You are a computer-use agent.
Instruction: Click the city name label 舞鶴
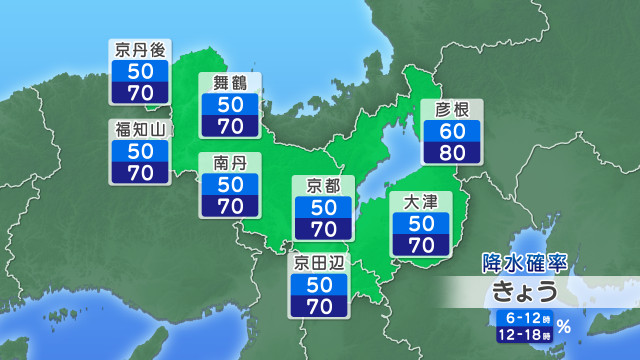pos(230,83)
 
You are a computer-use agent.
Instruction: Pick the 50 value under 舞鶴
pos(230,104)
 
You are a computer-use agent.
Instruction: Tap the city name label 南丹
pos(230,162)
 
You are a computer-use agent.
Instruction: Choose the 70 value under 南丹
pos(230,206)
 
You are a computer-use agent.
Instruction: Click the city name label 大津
pos(421,202)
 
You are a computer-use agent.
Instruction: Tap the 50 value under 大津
pos(421,223)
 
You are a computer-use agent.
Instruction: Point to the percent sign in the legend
pos(564,325)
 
